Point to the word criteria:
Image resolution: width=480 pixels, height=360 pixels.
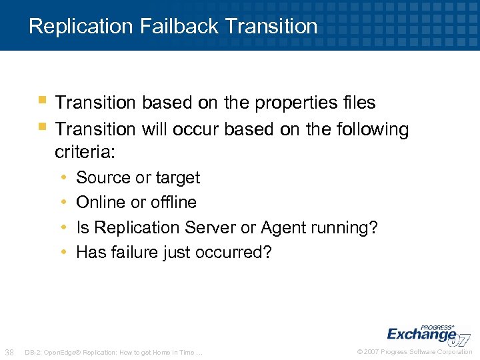(x=85, y=153)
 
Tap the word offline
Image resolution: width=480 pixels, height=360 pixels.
(x=175, y=203)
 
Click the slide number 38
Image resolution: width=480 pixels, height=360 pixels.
(x=10, y=352)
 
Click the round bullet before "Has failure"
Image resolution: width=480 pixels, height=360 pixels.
(x=63, y=253)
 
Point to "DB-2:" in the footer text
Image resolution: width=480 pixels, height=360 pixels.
(x=33, y=352)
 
